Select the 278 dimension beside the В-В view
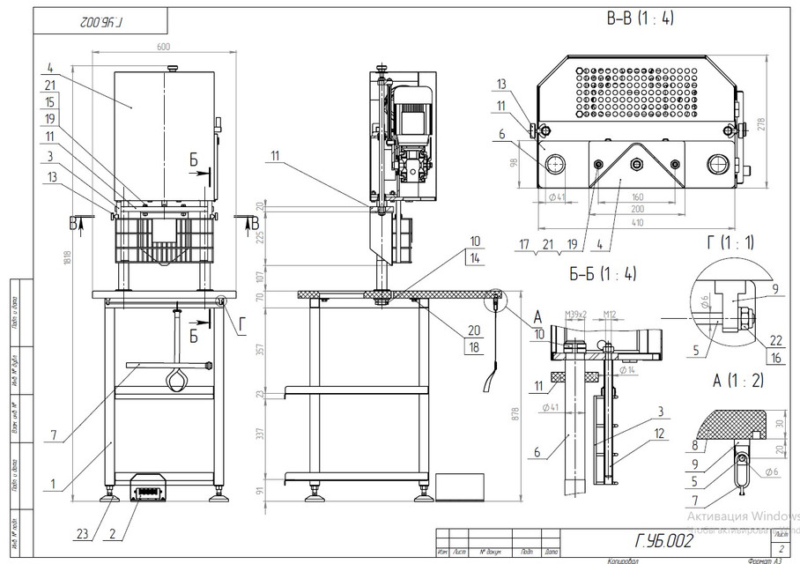pos(762,124)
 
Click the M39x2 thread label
pos(576,311)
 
